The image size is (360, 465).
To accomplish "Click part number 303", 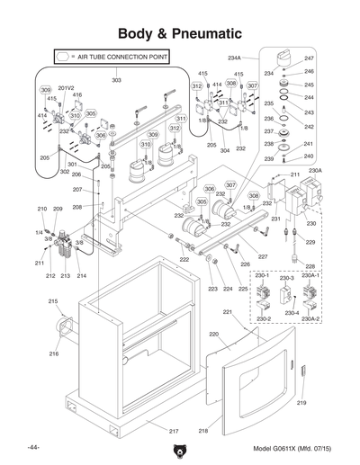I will (117, 81).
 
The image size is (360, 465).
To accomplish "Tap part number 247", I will (309, 58).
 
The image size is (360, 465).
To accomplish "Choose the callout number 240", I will (309, 156).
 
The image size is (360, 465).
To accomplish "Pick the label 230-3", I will (287, 279).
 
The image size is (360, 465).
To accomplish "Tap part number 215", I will (53, 300).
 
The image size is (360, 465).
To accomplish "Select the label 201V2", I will (67, 88).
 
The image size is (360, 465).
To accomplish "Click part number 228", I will (309, 266).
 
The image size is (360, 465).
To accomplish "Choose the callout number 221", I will (228, 312).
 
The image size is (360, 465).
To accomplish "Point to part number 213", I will (66, 276).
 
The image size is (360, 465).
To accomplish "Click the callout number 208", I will (77, 207).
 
